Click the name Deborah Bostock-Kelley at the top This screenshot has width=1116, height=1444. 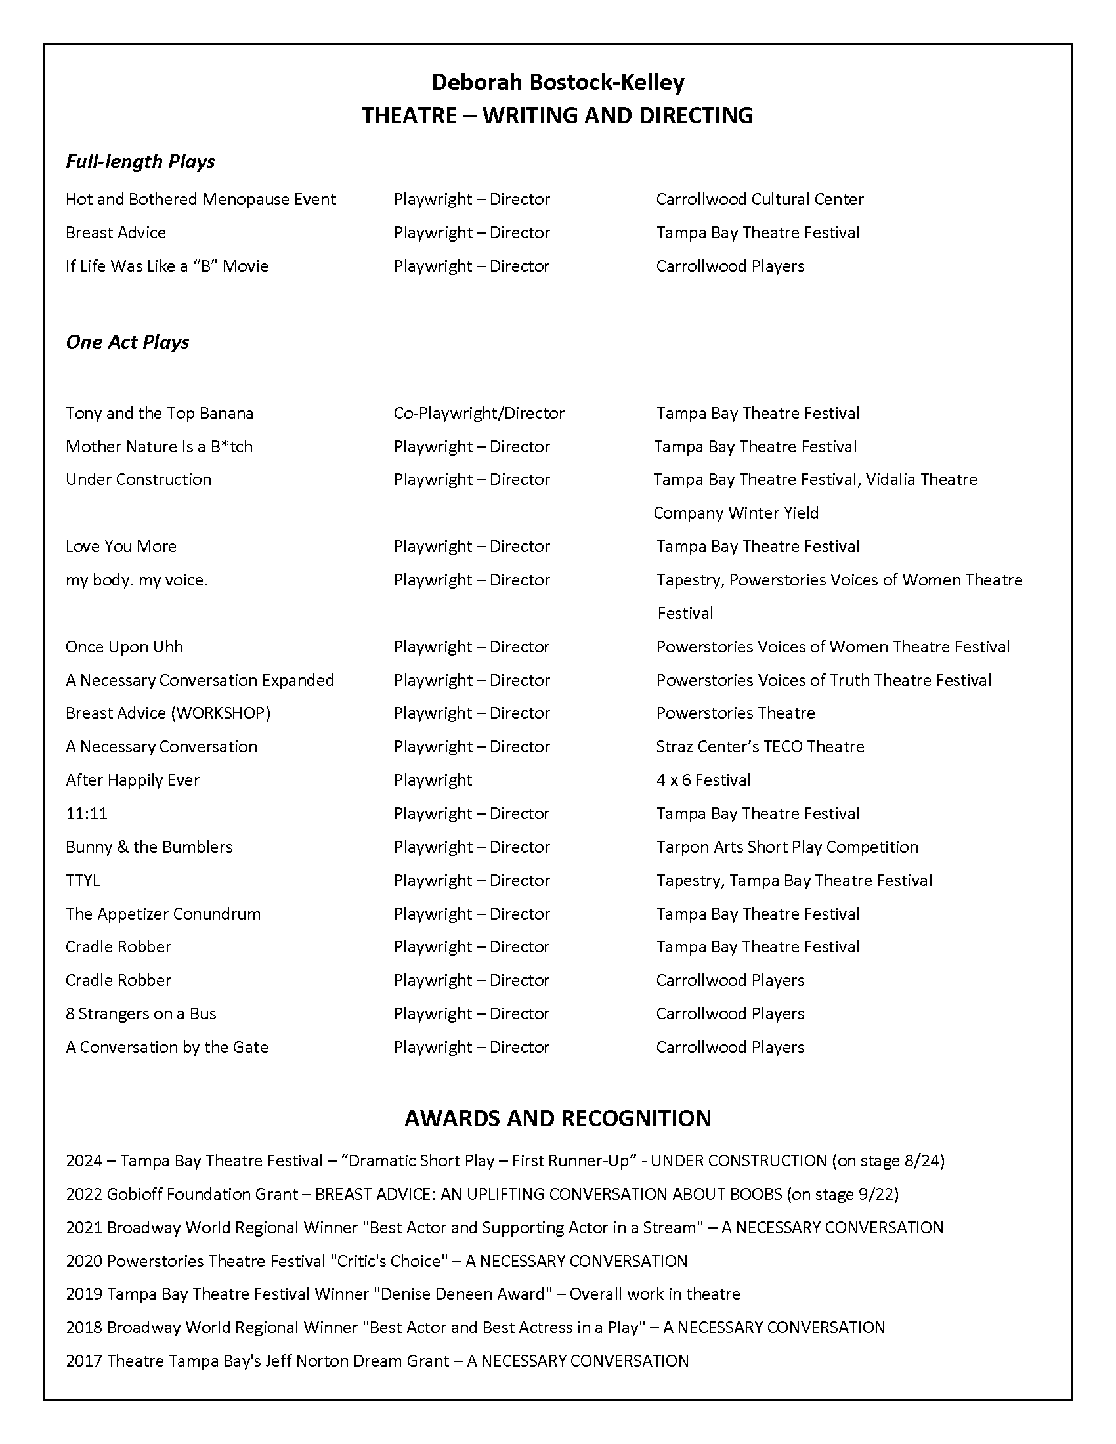557,83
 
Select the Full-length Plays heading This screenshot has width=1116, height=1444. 140,162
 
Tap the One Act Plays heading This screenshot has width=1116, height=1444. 127,342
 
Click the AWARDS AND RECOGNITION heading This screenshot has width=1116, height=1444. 557,1118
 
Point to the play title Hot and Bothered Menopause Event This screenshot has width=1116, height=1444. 200,200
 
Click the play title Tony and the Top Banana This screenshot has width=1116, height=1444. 160,414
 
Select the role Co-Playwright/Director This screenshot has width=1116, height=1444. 479,414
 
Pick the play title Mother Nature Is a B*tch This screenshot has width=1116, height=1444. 159,447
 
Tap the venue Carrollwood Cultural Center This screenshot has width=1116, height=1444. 760,200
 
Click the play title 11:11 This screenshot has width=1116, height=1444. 87,814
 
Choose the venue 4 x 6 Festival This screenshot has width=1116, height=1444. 703,780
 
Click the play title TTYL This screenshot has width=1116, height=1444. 83,881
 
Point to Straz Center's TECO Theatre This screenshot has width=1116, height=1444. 760,747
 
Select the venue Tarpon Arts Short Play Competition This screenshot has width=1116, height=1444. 786,847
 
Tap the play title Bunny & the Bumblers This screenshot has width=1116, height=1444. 149,847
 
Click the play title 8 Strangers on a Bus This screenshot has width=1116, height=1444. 141,1014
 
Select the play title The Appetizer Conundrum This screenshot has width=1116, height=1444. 163,914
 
